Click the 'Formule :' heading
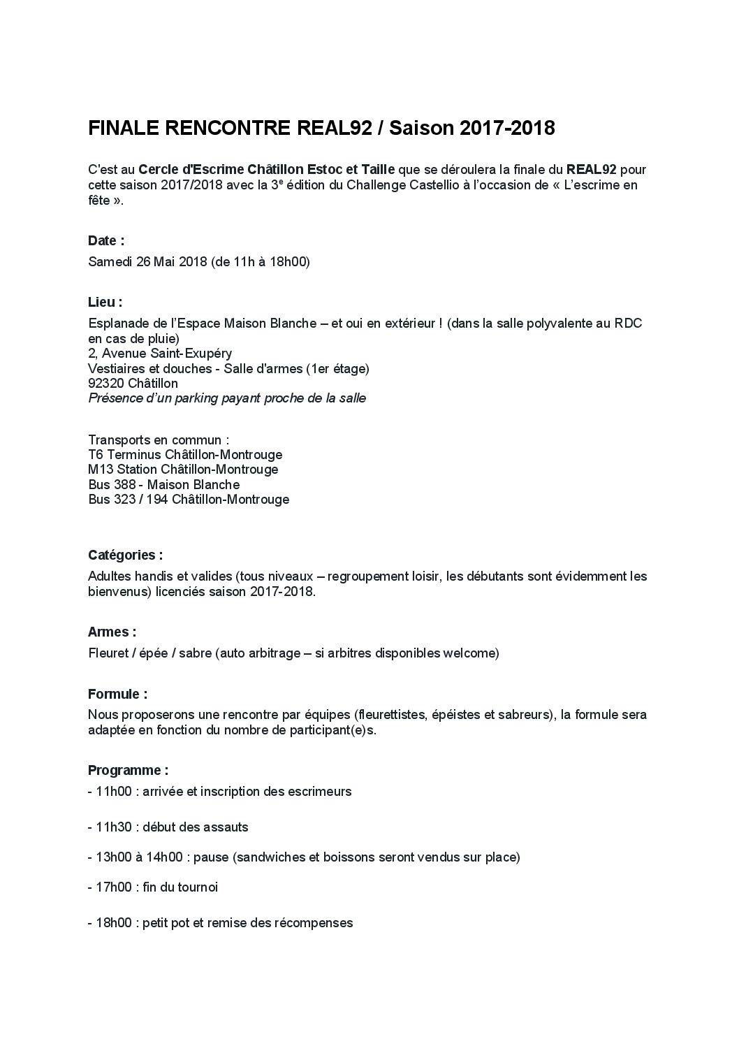[117, 695]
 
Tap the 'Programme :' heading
[128, 771]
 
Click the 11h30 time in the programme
[113, 827]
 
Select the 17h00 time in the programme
[113, 887]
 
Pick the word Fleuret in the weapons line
[109, 654]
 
